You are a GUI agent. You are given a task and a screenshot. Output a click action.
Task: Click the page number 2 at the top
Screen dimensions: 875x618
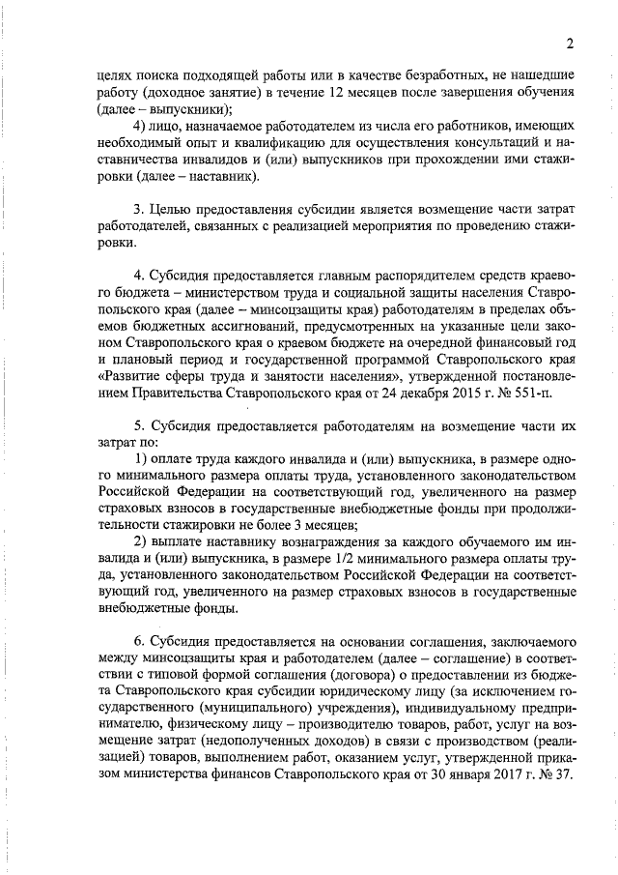(x=570, y=43)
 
